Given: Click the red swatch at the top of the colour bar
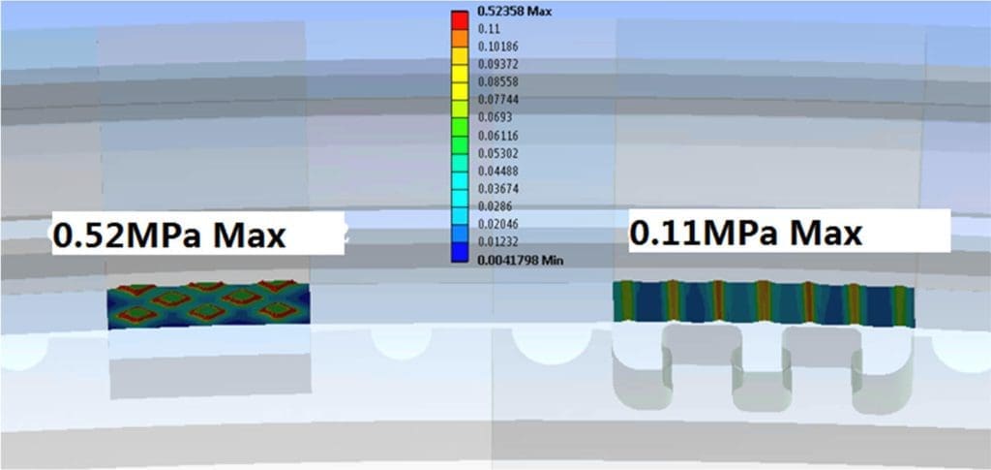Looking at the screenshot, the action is pos(460,20).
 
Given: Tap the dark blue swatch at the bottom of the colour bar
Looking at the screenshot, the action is pos(460,252).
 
